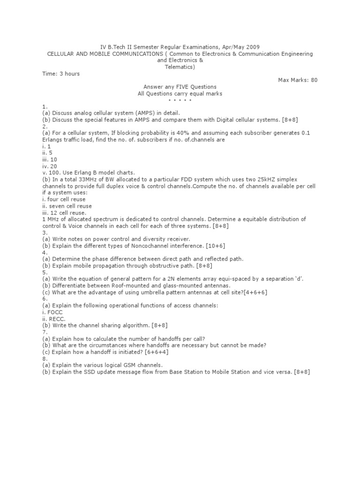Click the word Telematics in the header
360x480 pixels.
(x=180, y=67)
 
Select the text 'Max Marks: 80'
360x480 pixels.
(x=298, y=80)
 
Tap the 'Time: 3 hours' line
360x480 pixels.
(x=61, y=74)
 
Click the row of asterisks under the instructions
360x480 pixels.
(x=180, y=100)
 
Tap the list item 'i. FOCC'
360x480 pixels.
(x=52, y=312)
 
